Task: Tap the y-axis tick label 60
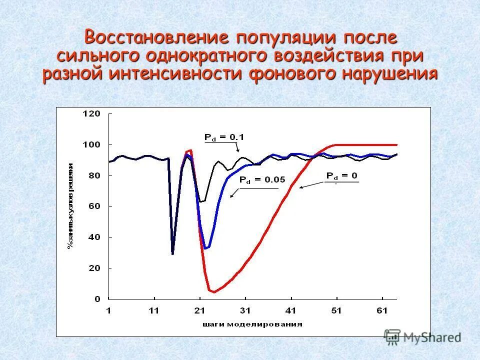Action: (x=94, y=206)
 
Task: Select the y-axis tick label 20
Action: (x=94, y=268)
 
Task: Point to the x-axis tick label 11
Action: (x=154, y=311)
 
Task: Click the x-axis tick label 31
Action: (x=245, y=311)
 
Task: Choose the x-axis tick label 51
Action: (x=336, y=311)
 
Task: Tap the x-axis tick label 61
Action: (x=382, y=311)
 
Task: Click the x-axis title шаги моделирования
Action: (x=252, y=324)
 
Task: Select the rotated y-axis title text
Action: (x=70, y=205)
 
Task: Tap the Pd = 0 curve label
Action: (x=342, y=176)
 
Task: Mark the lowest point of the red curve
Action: (x=214, y=291)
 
